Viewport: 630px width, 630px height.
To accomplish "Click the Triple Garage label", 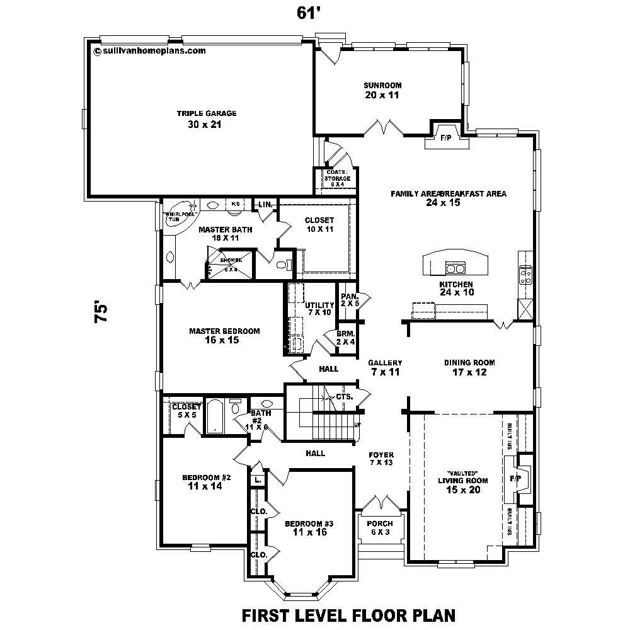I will [197, 113].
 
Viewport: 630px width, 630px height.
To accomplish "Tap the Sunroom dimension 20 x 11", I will [382, 95].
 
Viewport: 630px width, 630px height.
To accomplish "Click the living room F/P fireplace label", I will [515, 479].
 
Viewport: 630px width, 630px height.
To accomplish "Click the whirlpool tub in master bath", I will [181, 214].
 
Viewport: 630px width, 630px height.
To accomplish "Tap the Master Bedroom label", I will [224, 331].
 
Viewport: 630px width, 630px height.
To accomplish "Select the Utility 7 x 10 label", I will [319, 305].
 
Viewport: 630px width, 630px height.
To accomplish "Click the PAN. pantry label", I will [349, 296].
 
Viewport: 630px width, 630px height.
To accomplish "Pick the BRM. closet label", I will [345, 334].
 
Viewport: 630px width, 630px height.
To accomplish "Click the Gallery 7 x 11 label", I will [385, 363].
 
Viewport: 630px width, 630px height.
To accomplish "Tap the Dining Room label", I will [469, 363].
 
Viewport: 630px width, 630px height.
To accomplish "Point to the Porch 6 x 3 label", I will [379, 524].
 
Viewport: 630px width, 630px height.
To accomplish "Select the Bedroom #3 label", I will [309, 524].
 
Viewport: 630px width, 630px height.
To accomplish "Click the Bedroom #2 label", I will [206, 478].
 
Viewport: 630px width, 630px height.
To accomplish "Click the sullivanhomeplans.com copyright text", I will [150, 52].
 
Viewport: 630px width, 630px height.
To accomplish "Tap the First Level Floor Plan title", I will [348, 614].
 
